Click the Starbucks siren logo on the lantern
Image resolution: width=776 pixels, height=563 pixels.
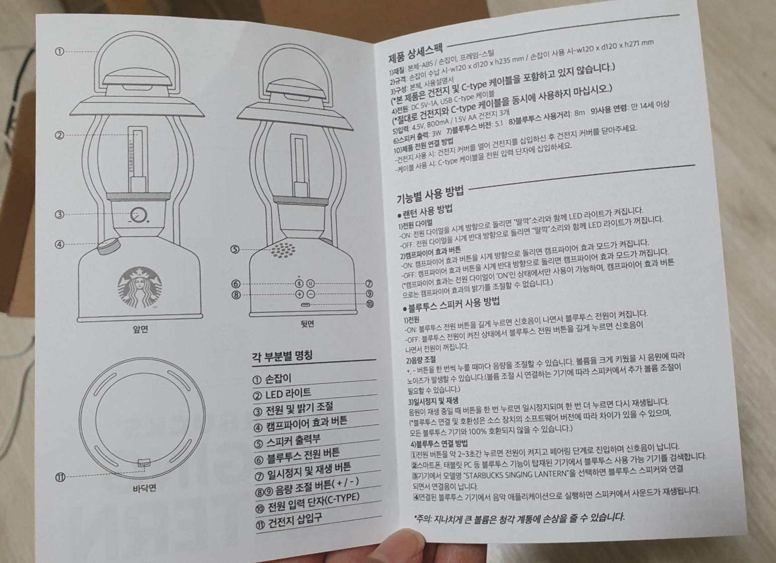pyautogui.click(x=140, y=288)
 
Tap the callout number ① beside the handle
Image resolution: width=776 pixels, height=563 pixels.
pyautogui.click(x=60, y=52)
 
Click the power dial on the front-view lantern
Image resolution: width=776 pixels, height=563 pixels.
pyautogui.click(x=137, y=215)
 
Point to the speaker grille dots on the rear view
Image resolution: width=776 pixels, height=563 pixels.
pyautogui.click(x=283, y=249)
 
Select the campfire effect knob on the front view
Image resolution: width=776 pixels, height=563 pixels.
pyautogui.click(x=108, y=246)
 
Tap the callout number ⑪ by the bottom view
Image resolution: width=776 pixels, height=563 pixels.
pyautogui.click(x=60, y=477)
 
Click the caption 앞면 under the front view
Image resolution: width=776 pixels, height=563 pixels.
pyautogui.click(x=140, y=329)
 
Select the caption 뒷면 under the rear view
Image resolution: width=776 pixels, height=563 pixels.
pyautogui.click(x=307, y=324)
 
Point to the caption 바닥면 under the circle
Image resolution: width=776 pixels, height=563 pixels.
pyautogui.click(x=144, y=488)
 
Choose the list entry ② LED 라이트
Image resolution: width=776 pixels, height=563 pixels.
pyautogui.click(x=282, y=394)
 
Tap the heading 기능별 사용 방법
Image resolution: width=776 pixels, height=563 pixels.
pyautogui.click(x=430, y=194)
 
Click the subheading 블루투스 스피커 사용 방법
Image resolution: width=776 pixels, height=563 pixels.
pyautogui.click(x=451, y=305)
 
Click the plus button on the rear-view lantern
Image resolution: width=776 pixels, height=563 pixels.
pyautogui.click(x=299, y=295)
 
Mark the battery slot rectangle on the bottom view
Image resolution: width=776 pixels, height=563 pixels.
pyautogui.click(x=144, y=463)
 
